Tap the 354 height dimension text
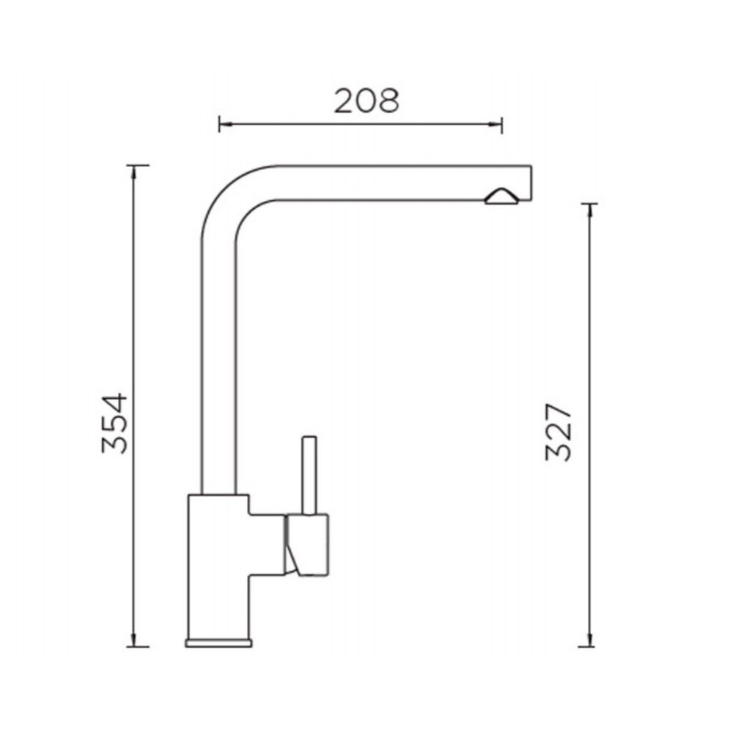114,424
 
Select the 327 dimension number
559,432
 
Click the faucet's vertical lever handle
309,476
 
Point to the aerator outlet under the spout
501,196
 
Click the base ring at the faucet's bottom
218,643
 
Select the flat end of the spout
531,183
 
